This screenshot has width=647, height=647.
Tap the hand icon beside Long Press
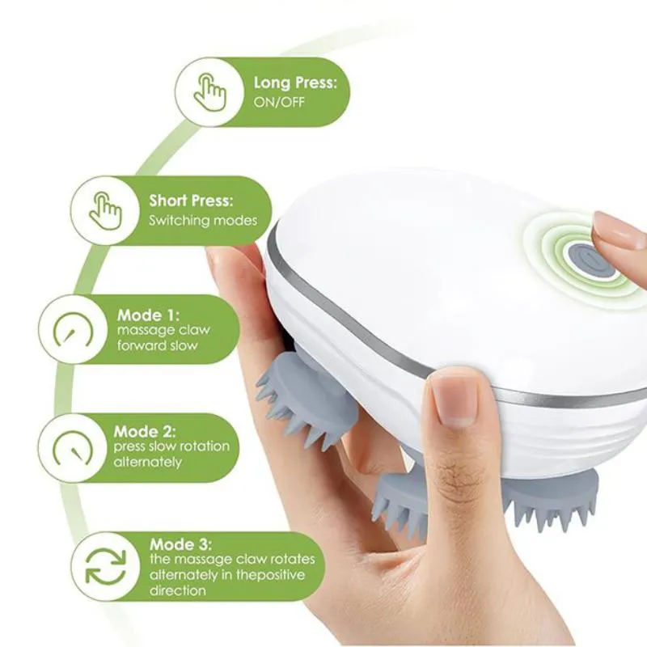210,92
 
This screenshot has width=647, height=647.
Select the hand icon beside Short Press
106,210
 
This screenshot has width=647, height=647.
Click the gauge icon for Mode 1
74,330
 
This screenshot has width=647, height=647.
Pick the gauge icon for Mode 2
73,448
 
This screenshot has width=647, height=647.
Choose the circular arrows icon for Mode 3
106,566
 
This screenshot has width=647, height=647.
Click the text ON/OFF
279,102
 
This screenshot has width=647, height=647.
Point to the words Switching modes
203,220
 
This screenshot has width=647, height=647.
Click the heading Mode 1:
149,315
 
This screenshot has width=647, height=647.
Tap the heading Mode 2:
145,432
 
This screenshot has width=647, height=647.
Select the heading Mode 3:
180,544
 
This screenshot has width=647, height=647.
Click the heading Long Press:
295,83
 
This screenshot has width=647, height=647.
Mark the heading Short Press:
191,201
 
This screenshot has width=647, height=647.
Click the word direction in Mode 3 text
177,590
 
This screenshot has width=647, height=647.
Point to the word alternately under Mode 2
148,462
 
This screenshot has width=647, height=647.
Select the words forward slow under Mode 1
157,345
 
